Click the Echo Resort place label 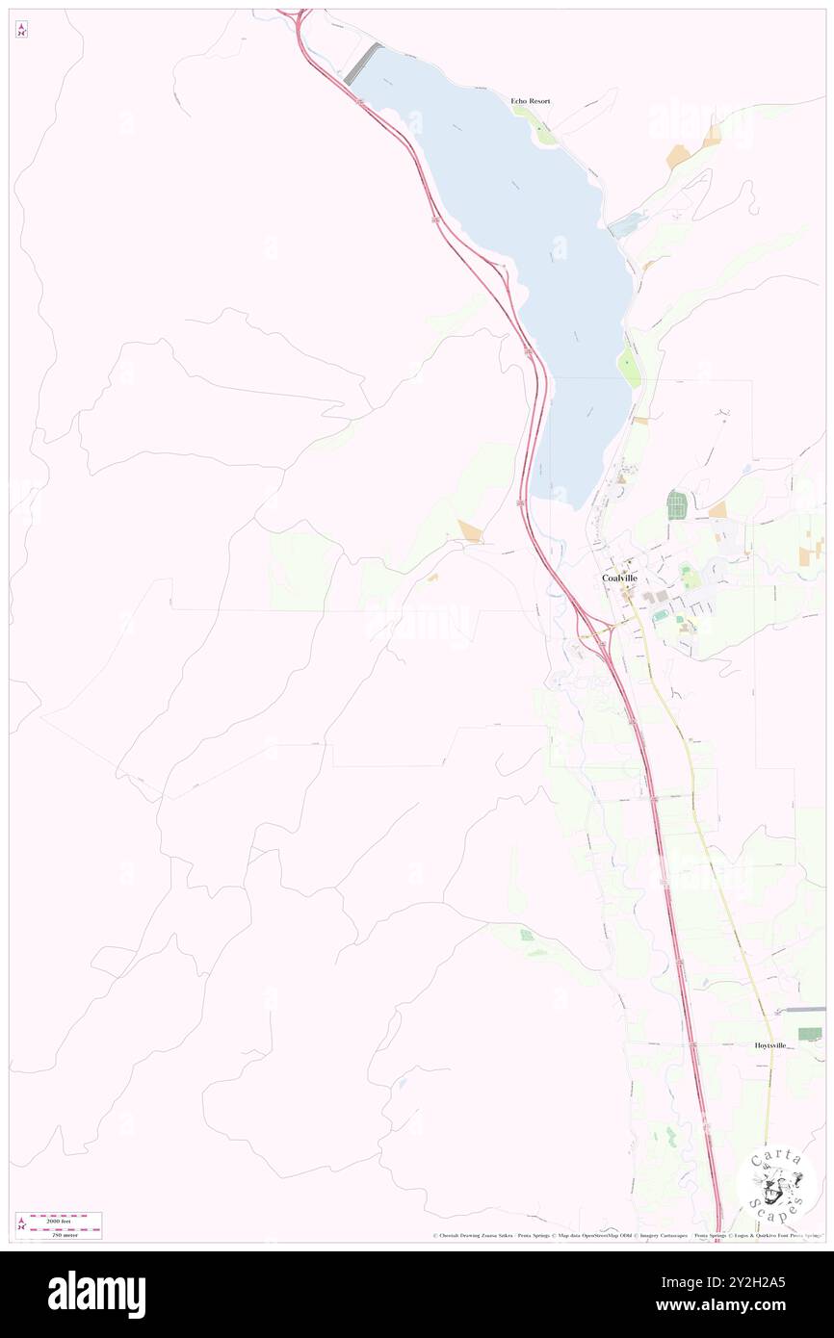(x=531, y=101)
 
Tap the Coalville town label (x=619, y=578)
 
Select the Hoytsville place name (x=770, y=1044)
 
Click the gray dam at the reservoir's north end (x=361, y=64)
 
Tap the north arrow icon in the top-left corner (x=21, y=30)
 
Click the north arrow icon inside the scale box (x=21, y=1224)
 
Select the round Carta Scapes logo (x=776, y=1185)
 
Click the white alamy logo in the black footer (x=96, y=1294)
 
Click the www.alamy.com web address (x=735, y=1306)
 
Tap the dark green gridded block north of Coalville (x=675, y=504)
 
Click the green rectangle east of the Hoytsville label (x=810, y=1034)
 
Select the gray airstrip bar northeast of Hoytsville (x=804, y=1010)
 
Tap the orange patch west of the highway (x=470, y=529)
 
